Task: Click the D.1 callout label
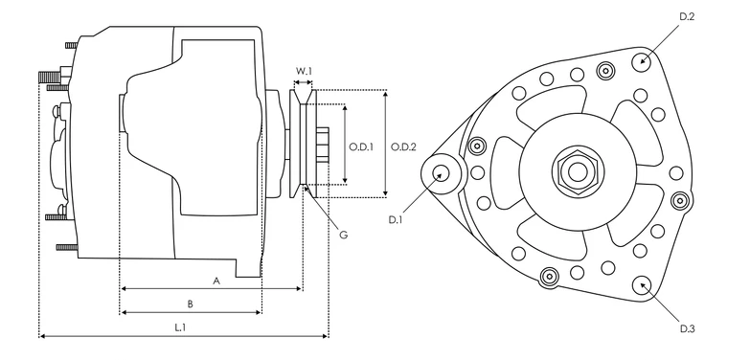point(395,220)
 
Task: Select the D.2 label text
point(687,16)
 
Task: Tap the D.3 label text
point(687,329)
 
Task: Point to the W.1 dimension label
point(304,71)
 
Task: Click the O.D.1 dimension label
point(361,146)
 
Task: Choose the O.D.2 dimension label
point(403,146)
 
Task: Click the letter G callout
point(343,235)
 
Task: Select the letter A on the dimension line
point(216,281)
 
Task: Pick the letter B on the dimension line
point(190,304)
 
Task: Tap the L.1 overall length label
point(180,327)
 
